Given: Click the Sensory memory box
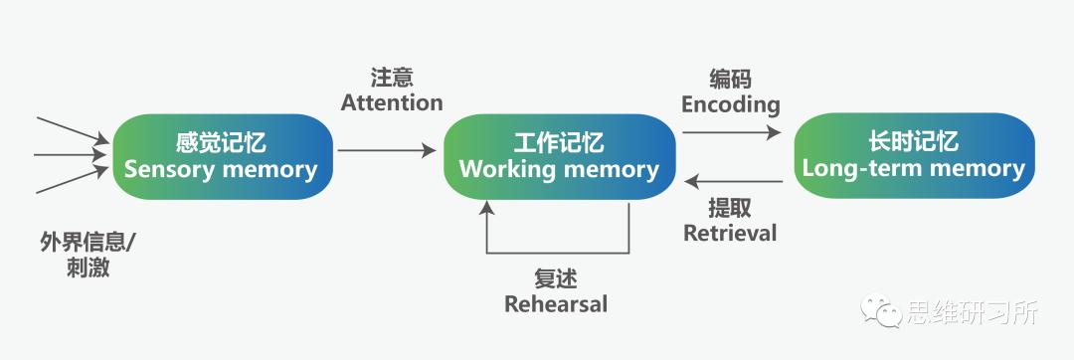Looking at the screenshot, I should tap(221, 156).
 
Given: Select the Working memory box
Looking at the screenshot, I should tap(559, 156).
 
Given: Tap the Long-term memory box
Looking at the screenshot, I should tap(913, 156).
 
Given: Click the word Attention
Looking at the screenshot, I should tap(392, 102).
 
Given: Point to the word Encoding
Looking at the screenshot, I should tap(731, 104).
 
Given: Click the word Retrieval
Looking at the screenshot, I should tap(730, 233).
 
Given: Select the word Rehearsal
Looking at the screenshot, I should tap(555, 303).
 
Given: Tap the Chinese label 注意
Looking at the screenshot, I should tap(392, 78).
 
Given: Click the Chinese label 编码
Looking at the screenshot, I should tap(731, 80).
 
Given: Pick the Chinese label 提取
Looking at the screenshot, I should tap(730, 208).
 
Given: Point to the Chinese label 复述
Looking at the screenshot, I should tap(555, 278).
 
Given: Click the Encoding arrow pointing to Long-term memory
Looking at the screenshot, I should tap(732, 130).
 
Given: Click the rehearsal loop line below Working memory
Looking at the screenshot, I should tap(557, 253).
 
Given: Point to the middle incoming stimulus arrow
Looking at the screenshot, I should tap(70, 154).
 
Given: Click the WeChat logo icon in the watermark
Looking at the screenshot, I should tap(880, 312).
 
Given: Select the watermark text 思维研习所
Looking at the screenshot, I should tap(972, 312).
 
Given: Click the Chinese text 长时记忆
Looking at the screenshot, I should tap(913, 142).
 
